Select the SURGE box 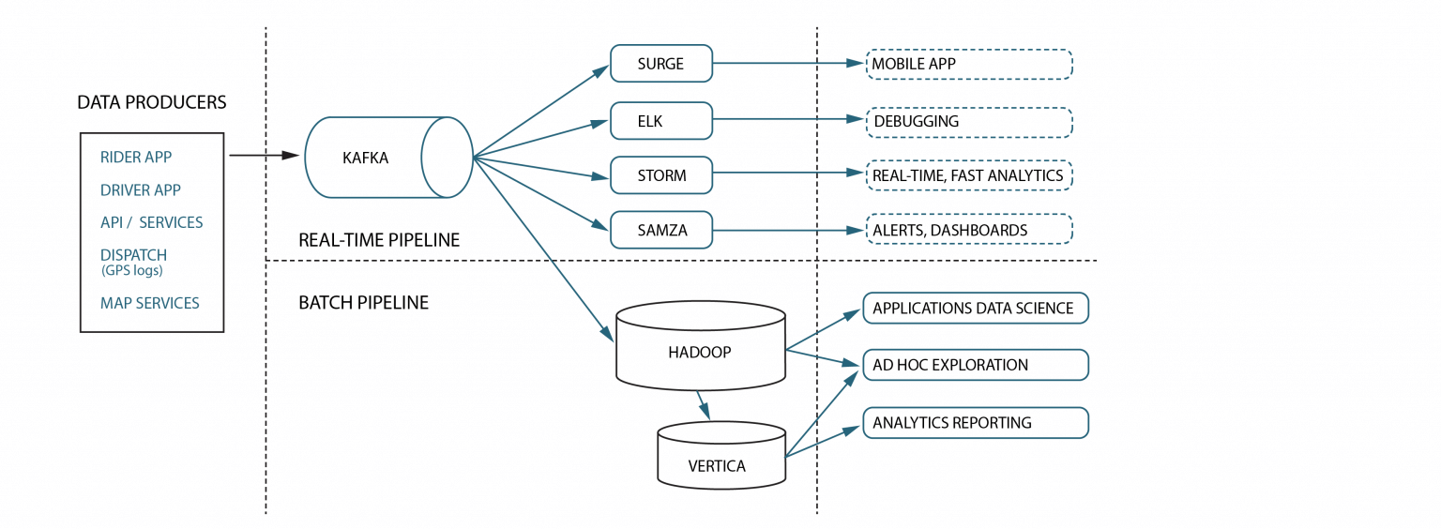(x=661, y=64)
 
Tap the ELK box (x=661, y=121)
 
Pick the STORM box (x=661, y=175)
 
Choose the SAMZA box (x=661, y=230)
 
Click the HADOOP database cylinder (x=700, y=352)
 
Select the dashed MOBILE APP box (x=968, y=64)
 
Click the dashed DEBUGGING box (x=968, y=122)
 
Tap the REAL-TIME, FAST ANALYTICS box (x=968, y=175)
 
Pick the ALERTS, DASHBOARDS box (x=968, y=230)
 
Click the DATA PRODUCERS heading (x=152, y=102)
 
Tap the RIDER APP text (x=136, y=158)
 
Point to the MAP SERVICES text (x=150, y=303)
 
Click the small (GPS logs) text (x=132, y=271)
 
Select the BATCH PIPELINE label (x=363, y=303)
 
